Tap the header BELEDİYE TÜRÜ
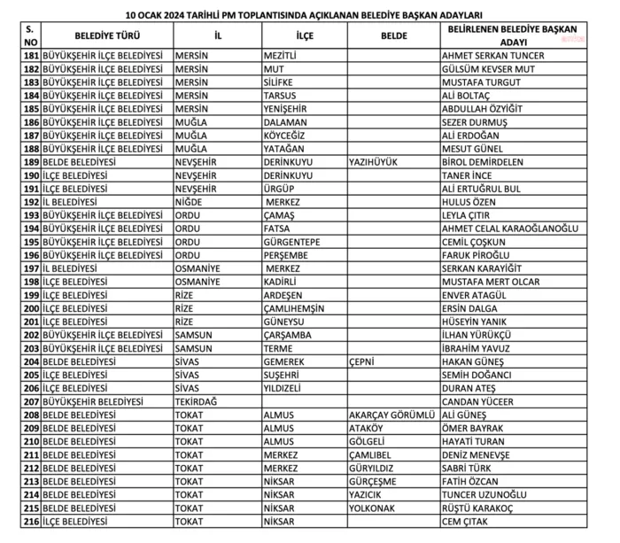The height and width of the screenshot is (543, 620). click(106, 36)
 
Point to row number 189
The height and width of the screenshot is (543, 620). click(30, 162)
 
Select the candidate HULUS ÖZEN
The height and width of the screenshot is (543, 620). click(469, 202)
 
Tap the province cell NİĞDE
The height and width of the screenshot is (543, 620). click(192, 202)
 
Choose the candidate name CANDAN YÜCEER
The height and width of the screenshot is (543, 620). click(477, 401)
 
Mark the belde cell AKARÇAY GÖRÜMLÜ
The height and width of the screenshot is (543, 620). click(391, 415)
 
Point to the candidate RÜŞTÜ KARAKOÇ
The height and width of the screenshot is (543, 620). click(484, 508)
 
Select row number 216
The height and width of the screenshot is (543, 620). click(30, 521)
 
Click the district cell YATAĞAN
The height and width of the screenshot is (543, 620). click(284, 149)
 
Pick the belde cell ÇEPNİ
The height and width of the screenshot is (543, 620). click(366, 361)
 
